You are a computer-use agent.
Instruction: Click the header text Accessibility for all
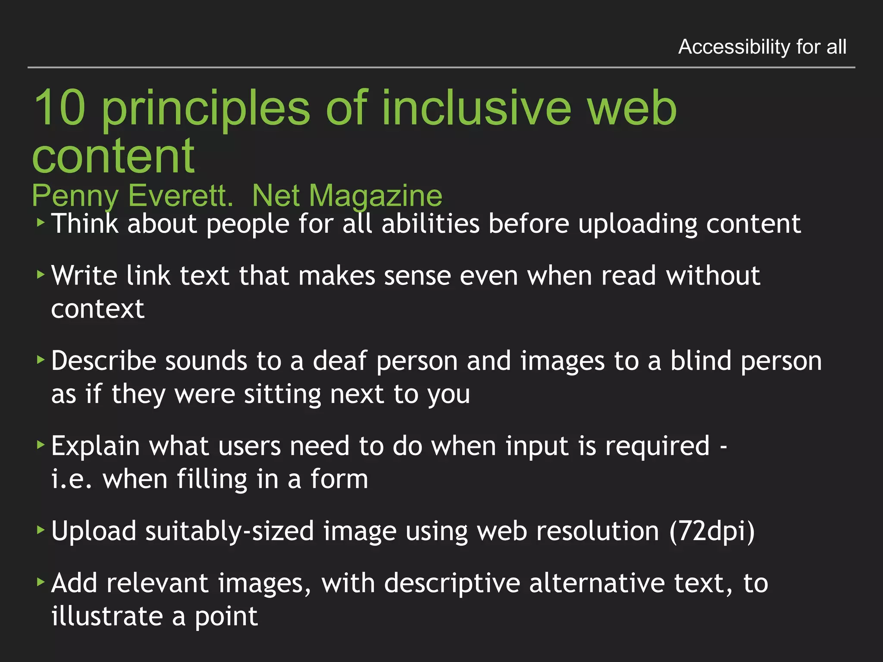click(762, 47)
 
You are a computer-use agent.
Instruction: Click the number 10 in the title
click(59, 108)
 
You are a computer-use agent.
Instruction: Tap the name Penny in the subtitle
click(75, 196)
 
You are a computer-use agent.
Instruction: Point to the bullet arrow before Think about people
click(41, 223)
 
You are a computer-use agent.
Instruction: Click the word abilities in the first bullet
click(430, 224)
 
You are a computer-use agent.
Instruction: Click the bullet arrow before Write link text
click(41, 274)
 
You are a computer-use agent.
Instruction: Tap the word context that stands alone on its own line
click(98, 309)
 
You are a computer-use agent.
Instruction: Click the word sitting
click(282, 394)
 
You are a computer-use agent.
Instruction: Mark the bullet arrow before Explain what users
click(41, 444)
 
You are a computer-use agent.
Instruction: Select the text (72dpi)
click(712, 531)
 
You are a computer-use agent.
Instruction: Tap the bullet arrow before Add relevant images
click(41, 582)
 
